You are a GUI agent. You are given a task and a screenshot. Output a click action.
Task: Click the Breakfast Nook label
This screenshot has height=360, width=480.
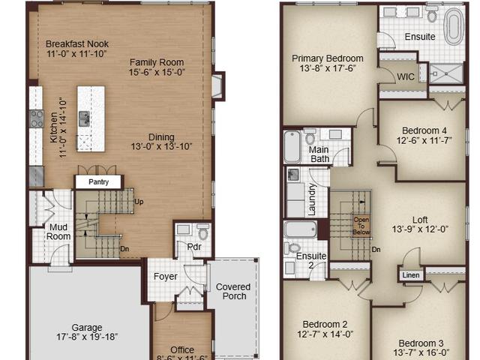point(77,44)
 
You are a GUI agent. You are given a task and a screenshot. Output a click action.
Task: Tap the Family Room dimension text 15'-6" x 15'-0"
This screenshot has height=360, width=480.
point(157,72)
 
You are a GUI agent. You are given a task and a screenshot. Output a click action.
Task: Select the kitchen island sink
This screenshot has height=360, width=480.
point(84,118)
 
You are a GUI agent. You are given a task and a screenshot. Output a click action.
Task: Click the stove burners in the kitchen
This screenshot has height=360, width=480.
point(37,118)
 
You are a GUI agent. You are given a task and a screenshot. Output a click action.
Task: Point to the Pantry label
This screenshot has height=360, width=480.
point(98,181)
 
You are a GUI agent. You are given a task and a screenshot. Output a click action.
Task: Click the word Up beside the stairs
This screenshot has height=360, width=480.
point(139,202)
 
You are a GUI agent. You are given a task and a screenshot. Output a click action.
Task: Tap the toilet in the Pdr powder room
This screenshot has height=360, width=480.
point(202,232)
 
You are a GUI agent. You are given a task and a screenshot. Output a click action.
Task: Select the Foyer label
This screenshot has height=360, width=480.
point(165,277)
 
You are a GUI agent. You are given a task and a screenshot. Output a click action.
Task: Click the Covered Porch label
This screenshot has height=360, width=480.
point(233,292)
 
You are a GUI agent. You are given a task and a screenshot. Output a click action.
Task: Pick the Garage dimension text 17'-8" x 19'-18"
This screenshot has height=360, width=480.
point(87,337)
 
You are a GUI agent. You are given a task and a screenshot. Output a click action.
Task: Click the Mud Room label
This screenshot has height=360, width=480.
point(58,232)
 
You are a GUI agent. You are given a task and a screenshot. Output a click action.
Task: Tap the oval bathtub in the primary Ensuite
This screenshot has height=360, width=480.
point(454,27)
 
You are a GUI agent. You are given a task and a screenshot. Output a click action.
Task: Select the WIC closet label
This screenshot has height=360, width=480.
point(406,76)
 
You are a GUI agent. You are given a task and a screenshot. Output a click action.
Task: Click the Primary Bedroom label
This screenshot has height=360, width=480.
point(328,58)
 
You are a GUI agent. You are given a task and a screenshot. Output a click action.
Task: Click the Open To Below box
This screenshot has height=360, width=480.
point(361,226)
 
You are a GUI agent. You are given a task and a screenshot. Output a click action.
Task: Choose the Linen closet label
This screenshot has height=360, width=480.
point(411,275)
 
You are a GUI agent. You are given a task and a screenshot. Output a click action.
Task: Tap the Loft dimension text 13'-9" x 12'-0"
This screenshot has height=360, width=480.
point(420,229)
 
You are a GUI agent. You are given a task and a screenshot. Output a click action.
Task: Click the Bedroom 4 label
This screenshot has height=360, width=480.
point(424,130)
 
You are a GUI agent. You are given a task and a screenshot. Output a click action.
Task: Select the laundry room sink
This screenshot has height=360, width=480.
point(293,175)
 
